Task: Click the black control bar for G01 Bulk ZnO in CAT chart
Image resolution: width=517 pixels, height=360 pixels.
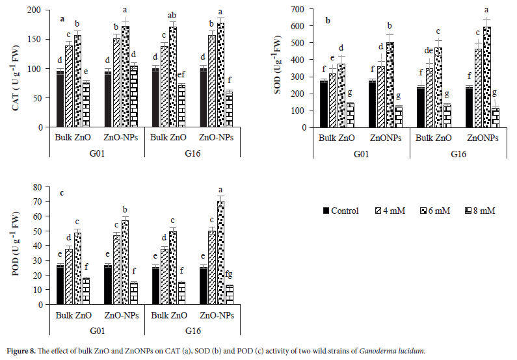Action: (60, 99)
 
